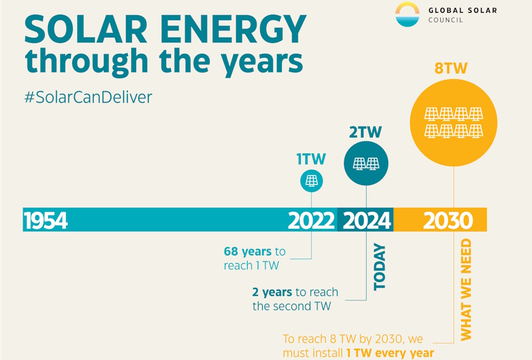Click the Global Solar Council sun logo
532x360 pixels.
click(x=407, y=14)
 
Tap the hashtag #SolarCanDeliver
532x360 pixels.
click(x=88, y=98)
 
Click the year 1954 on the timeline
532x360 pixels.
click(x=46, y=221)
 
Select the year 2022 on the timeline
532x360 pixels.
click(x=311, y=221)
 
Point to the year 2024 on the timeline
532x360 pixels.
click(x=367, y=221)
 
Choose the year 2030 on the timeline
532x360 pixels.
click(x=448, y=221)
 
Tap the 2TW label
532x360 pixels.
click(x=365, y=132)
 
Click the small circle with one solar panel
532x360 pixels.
click(x=312, y=181)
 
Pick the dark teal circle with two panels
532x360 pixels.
click(x=365, y=164)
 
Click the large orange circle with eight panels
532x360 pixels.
click(x=453, y=122)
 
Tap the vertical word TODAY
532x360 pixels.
click(x=379, y=267)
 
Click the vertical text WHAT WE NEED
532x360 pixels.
click(x=466, y=289)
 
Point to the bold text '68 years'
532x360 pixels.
click(x=247, y=252)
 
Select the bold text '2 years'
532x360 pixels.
click(x=272, y=292)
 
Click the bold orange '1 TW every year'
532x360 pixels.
click(x=389, y=352)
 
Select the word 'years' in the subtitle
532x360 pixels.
click(x=262, y=61)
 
